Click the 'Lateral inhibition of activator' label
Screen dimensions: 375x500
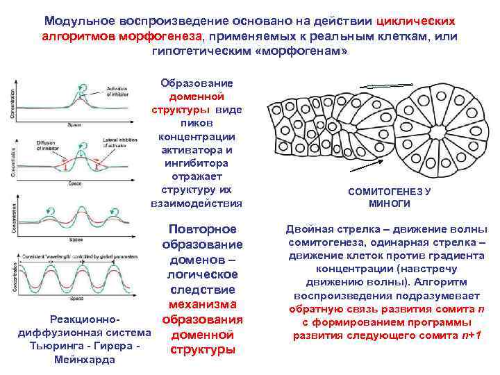[x=119, y=145]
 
